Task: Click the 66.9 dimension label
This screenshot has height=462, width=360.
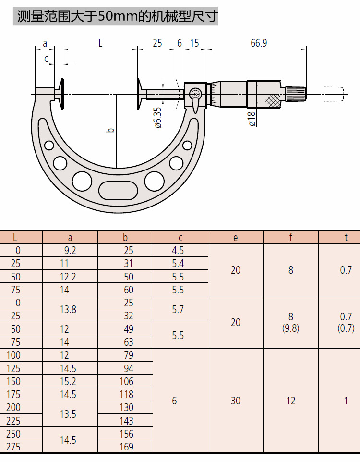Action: click(259, 43)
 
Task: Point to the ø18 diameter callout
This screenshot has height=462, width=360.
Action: click(252, 119)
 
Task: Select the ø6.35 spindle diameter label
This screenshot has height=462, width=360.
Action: click(158, 118)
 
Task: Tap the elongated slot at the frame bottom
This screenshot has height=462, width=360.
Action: click(118, 190)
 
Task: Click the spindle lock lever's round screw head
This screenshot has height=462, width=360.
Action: click(195, 94)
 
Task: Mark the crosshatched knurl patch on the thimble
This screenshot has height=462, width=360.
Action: click(273, 100)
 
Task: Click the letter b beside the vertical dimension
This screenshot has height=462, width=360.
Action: click(110, 130)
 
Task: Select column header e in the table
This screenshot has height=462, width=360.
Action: click(235, 238)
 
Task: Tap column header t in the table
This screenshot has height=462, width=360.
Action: click(346, 237)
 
